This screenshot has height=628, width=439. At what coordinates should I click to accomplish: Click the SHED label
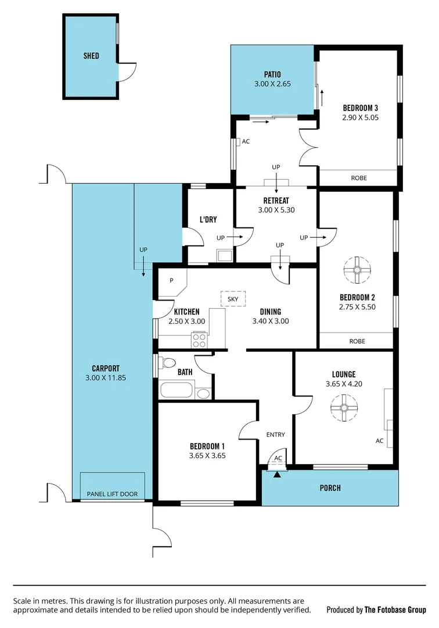point(91,56)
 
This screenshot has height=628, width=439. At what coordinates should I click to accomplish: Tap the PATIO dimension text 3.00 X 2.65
point(272,84)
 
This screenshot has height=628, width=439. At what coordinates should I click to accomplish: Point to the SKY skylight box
point(233,299)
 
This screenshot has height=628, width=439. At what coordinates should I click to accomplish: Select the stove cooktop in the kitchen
point(200,339)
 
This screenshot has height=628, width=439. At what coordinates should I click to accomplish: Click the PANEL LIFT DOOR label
point(113,494)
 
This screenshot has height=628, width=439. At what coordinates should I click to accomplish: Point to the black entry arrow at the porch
point(278,475)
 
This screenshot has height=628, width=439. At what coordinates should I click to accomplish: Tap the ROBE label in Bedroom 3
point(358,178)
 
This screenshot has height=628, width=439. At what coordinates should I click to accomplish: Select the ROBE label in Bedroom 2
point(357,341)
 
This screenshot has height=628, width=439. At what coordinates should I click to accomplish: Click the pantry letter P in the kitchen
point(171,280)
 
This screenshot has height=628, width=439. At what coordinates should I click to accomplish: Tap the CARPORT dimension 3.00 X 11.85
point(106,377)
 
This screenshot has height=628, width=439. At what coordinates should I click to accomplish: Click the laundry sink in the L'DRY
point(223,255)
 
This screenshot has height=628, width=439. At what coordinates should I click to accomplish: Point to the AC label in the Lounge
point(379,441)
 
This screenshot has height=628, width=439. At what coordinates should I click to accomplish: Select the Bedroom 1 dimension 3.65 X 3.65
point(207,456)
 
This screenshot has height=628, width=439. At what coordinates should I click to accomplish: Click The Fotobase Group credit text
point(395,610)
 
